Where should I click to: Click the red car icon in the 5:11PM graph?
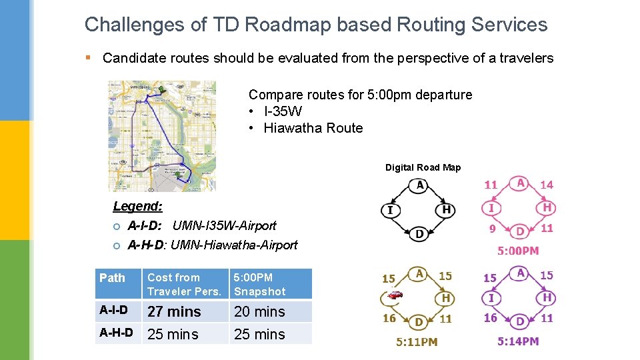395,294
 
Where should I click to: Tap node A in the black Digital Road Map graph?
419,185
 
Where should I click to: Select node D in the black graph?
419,234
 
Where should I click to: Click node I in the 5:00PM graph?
491,209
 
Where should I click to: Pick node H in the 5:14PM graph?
547,298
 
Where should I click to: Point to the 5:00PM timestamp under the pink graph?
518,251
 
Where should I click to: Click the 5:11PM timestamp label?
417,341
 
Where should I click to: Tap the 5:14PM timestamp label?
518,341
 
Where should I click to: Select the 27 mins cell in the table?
174,311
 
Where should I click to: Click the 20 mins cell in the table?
259,311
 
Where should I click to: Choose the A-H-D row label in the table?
116,333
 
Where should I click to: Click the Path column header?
112,277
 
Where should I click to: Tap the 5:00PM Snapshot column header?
259,284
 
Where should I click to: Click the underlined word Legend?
137,207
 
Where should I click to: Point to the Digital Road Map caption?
423,167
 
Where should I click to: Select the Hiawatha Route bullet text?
313,128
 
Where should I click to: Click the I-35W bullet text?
283,111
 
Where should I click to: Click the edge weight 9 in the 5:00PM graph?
492,229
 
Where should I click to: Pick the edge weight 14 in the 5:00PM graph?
547,185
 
